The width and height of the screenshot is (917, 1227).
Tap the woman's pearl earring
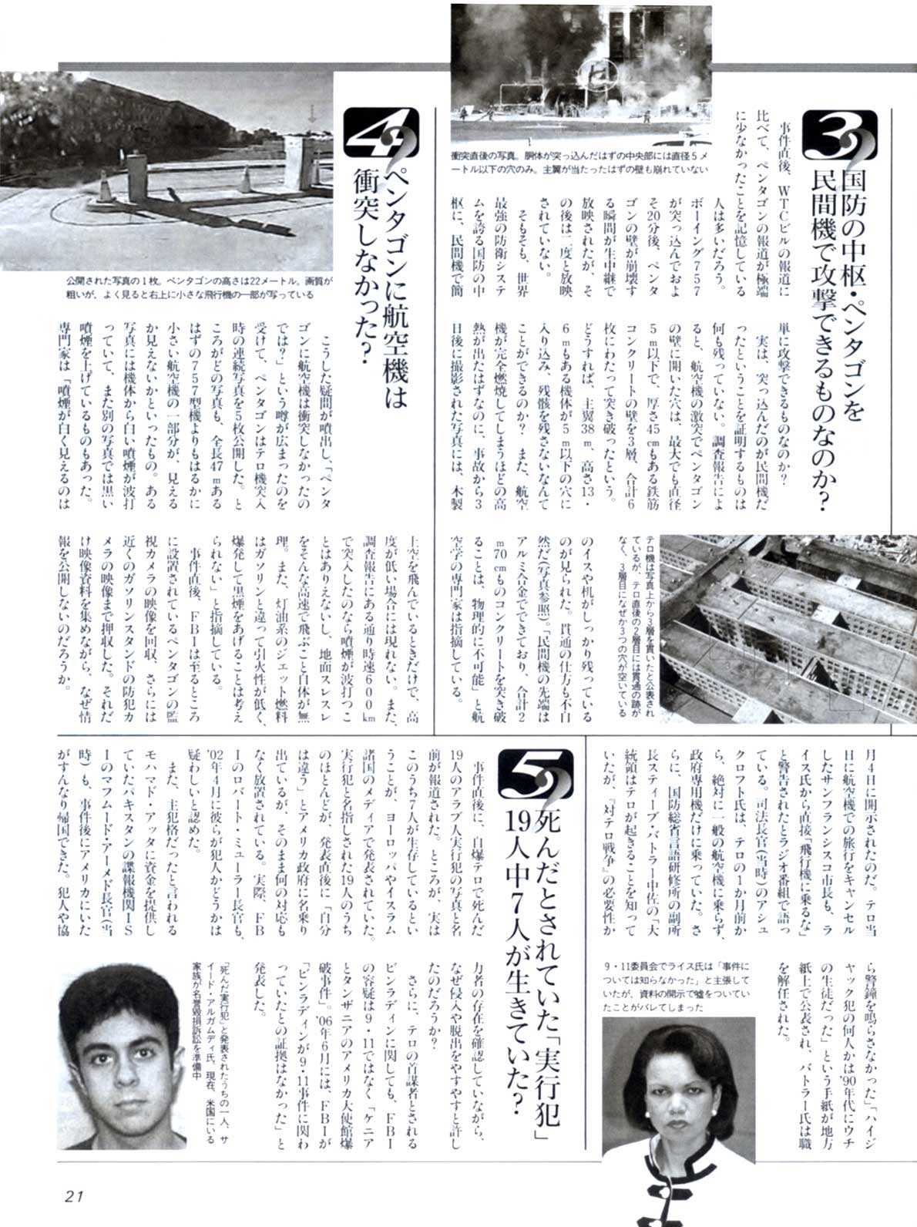[710, 1115]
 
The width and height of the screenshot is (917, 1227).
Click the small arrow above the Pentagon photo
[312, 114]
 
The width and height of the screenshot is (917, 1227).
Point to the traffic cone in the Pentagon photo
[246, 181]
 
